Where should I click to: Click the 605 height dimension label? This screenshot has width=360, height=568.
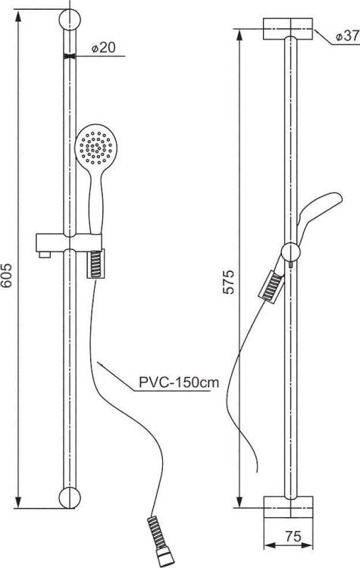7,276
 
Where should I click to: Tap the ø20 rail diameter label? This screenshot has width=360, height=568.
103,47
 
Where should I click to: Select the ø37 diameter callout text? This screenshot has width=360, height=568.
347,36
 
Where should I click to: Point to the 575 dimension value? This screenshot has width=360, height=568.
229,282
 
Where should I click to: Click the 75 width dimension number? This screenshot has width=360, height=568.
293,536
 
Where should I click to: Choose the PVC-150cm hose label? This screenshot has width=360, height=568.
179,382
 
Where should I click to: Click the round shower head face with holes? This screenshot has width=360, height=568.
95,145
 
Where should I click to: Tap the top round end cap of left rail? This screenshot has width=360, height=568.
70,20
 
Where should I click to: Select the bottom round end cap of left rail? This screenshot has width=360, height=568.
70,498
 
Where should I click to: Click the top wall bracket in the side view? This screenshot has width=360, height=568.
288,29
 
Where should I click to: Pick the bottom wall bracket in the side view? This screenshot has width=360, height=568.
288,507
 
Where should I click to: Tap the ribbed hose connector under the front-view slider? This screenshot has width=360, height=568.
95,264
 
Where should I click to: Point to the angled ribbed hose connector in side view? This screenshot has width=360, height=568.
271,286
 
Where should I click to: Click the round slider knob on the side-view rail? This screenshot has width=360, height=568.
291,252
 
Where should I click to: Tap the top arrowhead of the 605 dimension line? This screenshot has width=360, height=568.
17,16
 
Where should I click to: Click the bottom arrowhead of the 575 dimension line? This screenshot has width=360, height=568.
239,501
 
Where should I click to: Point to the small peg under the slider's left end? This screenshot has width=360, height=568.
45,255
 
